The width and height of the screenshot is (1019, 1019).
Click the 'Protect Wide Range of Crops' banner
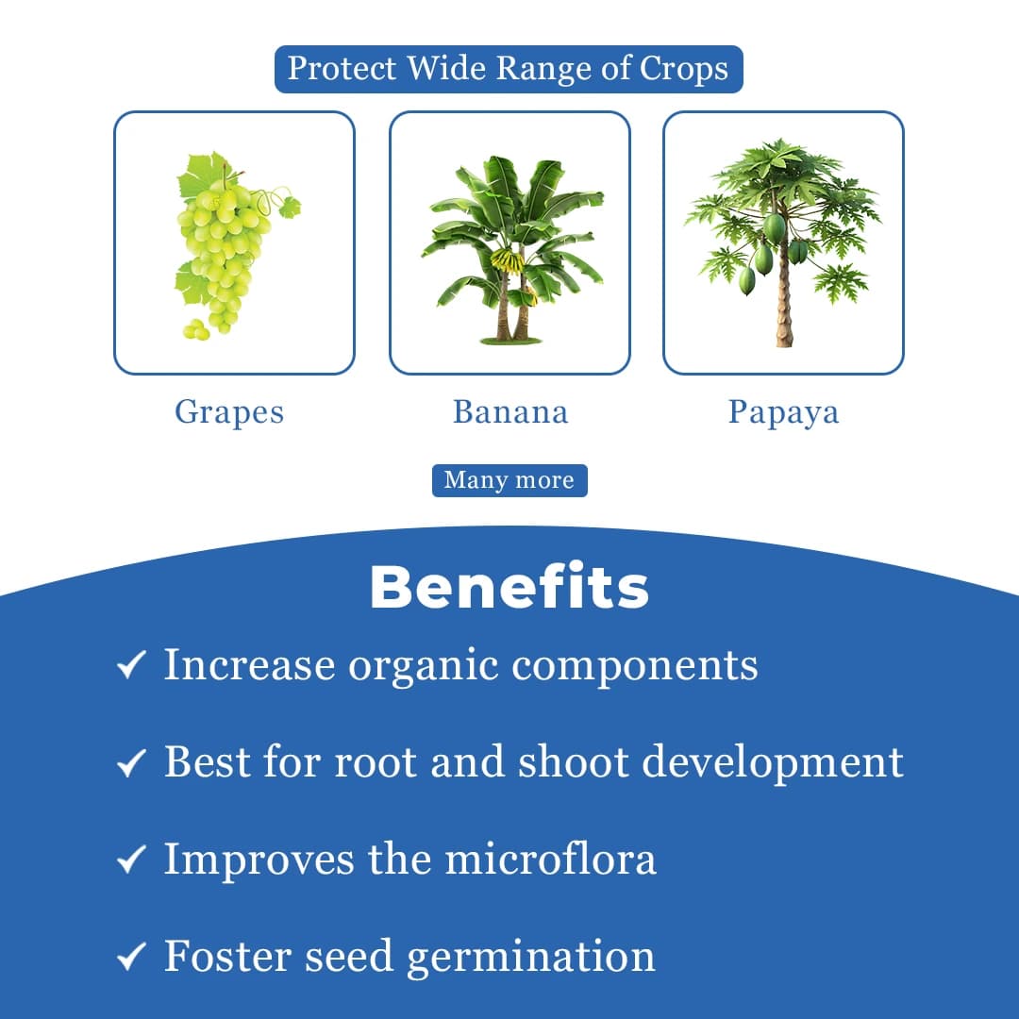(x=509, y=70)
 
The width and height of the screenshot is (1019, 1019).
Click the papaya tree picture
(x=783, y=241)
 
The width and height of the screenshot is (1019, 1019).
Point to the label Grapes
(x=229, y=412)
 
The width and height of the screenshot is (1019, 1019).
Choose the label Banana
(x=510, y=412)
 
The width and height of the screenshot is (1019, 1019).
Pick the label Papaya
(x=783, y=412)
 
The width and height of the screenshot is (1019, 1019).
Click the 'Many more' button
(x=509, y=480)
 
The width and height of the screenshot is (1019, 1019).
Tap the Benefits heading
(x=509, y=587)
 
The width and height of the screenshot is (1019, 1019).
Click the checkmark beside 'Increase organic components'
(x=130, y=666)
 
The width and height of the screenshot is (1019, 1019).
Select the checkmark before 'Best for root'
(x=130, y=762)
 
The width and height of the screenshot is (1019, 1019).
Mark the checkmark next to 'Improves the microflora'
(x=130, y=860)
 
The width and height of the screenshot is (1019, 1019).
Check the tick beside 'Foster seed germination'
(x=130, y=957)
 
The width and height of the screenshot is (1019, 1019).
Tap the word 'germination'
(x=531, y=957)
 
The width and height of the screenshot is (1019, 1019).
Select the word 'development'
(x=773, y=762)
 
